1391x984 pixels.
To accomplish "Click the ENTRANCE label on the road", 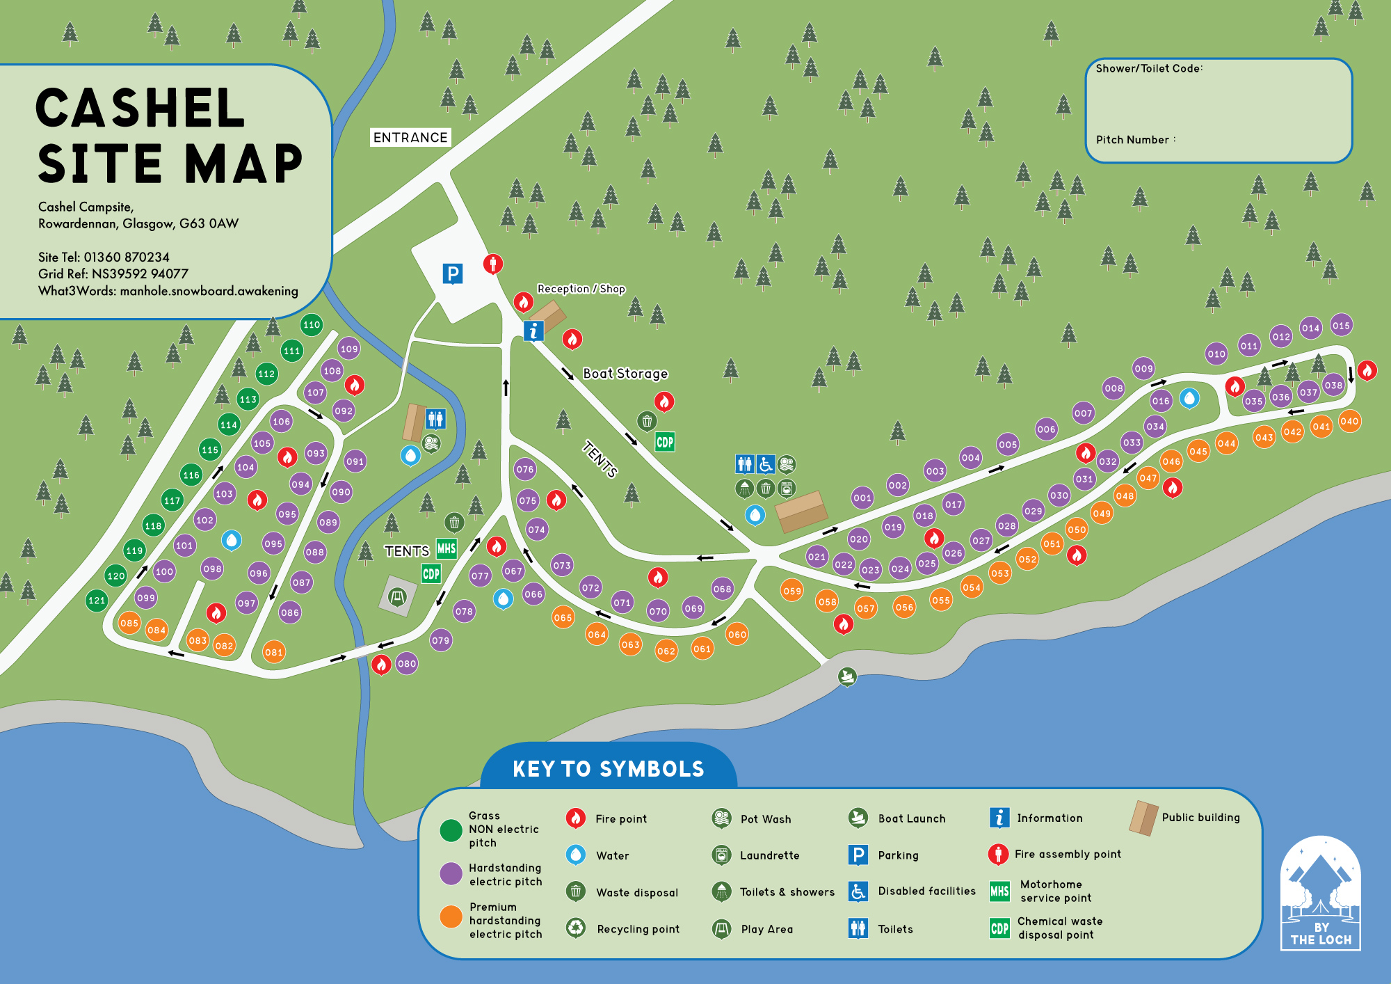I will (410, 137).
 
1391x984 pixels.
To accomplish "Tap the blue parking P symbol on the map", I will (453, 273).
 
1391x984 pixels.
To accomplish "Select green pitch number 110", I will (312, 324).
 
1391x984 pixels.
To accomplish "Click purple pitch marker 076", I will (525, 469).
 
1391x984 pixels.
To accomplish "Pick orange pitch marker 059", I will (792, 591).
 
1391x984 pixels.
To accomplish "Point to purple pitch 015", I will (1341, 325).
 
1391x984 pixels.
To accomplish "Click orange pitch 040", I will (1349, 421).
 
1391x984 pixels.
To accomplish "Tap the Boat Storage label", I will (625, 374).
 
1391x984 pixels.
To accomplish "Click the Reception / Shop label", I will (581, 289).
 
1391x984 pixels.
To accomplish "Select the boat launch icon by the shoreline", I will (846, 675).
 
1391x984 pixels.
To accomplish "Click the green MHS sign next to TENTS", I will (446, 548).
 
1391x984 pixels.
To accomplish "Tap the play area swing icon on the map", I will (397, 596).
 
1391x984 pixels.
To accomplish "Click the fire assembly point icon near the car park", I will (493, 264).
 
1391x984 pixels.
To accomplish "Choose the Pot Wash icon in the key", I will (722, 818).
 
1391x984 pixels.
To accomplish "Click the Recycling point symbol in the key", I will (576, 928).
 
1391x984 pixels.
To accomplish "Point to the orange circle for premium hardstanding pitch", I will (451, 916).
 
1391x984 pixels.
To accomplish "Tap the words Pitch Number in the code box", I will (1132, 140).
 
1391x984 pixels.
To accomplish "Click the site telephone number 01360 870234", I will (127, 257).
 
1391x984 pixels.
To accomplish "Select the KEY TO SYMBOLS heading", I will (608, 768).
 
